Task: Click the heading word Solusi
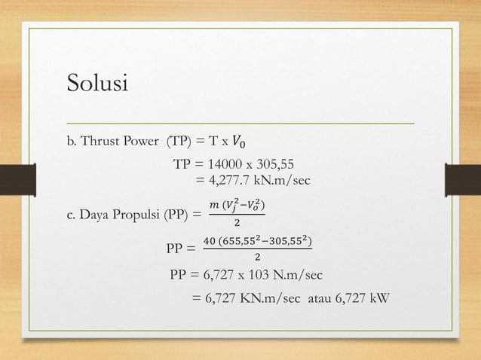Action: tap(98, 82)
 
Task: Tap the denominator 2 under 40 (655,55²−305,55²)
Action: tap(258, 257)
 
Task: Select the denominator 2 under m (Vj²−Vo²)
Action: tap(237, 224)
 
